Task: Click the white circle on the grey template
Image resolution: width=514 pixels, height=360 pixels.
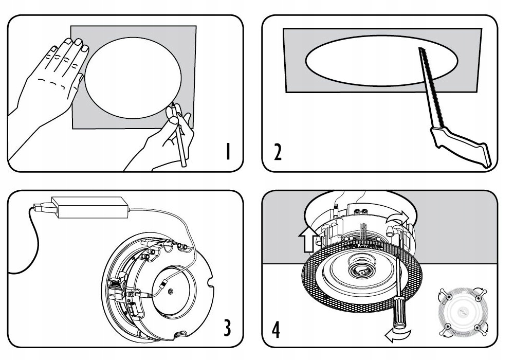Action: tap(133, 77)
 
